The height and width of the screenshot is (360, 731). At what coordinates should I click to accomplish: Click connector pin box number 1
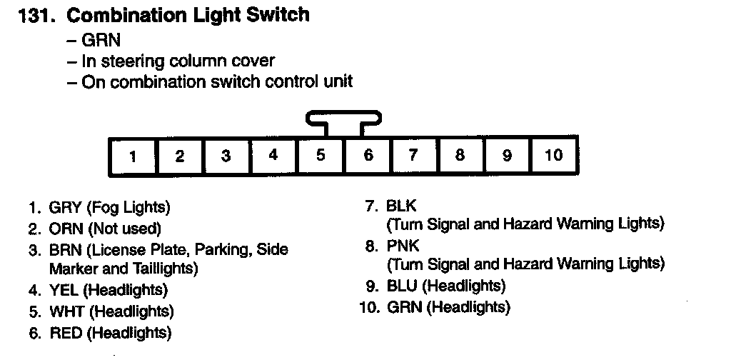coord(132,156)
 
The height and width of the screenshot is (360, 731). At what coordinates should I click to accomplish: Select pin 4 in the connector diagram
coord(273,156)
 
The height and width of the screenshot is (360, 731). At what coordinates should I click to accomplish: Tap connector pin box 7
coord(413,156)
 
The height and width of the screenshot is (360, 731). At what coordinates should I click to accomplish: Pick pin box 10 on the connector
coord(554,156)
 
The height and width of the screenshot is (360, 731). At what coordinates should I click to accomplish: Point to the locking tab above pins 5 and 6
coord(343,117)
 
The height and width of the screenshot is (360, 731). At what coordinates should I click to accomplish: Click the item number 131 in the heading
coord(34,16)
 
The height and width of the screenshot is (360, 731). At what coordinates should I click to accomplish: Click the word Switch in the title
coord(276,16)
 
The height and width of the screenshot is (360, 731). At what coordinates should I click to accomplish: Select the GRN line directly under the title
coord(101,40)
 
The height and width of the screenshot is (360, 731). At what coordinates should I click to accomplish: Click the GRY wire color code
coord(65,208)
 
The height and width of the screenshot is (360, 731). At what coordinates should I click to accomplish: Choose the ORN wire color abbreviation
coord(65,229)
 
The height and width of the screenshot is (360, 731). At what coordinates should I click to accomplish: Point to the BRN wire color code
coord(65,249)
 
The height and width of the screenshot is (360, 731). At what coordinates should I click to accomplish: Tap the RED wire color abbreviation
coord(65,332)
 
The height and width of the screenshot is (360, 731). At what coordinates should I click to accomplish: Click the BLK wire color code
coord(400,206)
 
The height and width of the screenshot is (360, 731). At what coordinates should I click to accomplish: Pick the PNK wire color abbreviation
coord(401,246)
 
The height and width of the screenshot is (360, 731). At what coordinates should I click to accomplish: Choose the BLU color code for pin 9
coord(402,286)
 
